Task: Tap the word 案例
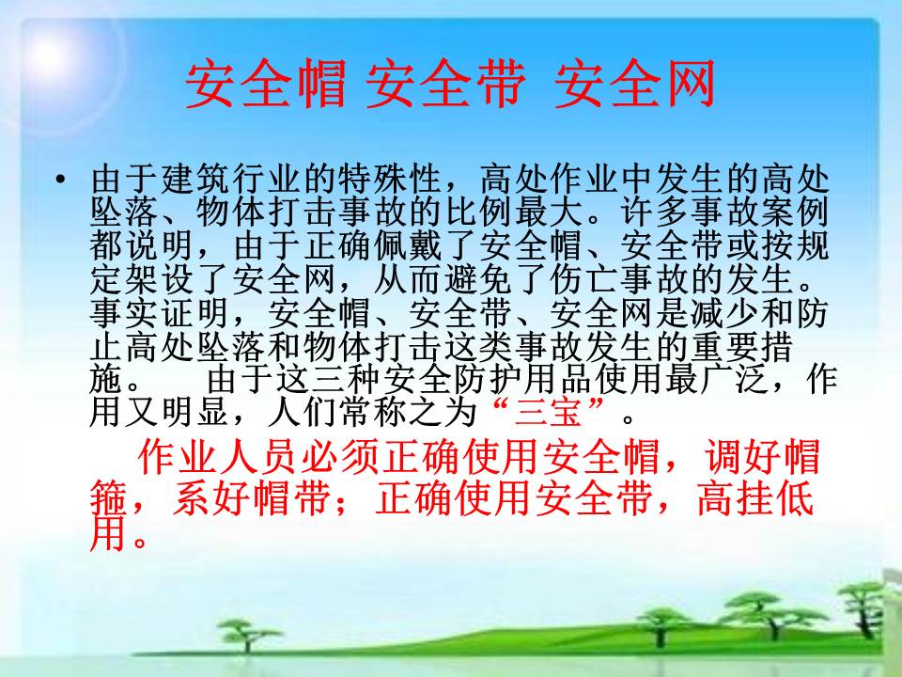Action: (x=795, y=213)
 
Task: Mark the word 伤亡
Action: (x=585, y=279)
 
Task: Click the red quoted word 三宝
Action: (x=549, y=412)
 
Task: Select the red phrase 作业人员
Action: (x=216, y=457)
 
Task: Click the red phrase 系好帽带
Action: (x=252, y=497)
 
